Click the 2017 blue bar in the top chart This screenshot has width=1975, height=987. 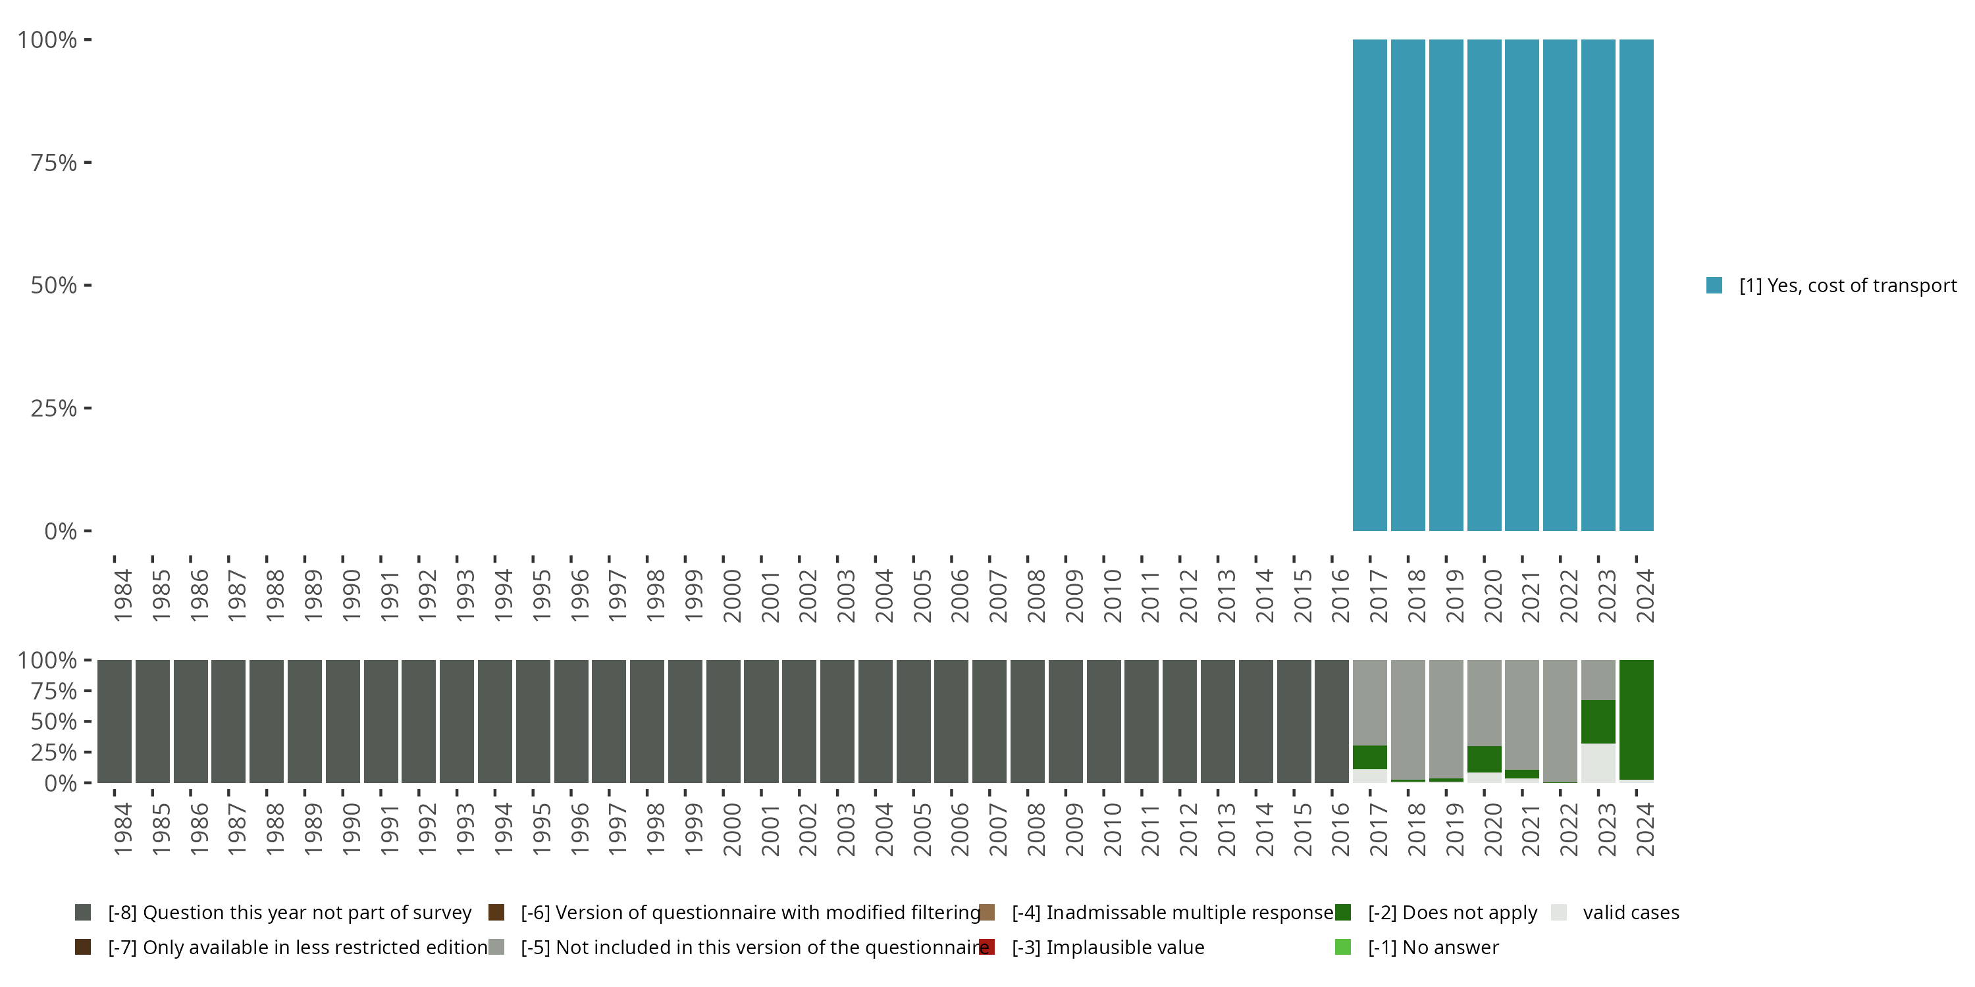[x=1369, y=285]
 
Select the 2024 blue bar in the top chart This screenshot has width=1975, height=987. [x=1636, y=285]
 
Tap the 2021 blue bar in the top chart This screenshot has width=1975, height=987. [x=1522, y=285]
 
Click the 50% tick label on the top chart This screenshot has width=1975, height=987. [x=54, y=286]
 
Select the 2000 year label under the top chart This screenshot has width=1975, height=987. [x=731, y=595]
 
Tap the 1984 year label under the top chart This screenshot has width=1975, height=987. [x=122, y=595]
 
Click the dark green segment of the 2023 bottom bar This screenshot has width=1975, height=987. [x=1598, y=721]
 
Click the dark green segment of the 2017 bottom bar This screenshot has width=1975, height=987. [x=1369, y=757]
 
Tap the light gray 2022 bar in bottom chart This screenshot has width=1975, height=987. [x=1560, y=721]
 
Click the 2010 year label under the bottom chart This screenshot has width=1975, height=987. [x=1112, y=830]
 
